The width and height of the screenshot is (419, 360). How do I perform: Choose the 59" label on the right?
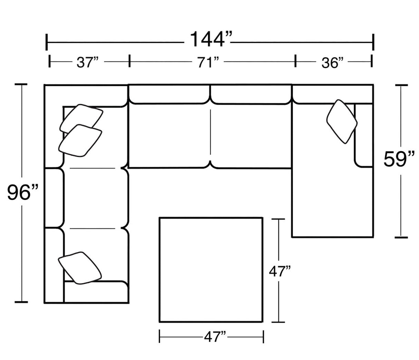coord(400,159)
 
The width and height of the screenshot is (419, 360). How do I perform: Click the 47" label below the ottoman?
coord(214,336)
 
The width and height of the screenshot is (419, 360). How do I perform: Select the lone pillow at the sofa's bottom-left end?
coord(79,268)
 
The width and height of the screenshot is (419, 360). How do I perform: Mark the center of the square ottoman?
coord(211,270)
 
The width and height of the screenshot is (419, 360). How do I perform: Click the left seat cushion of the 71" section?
coord(169,136)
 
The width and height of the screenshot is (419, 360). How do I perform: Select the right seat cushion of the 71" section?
coord(251,136)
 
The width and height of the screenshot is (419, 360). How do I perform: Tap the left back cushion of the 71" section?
coord(169,94)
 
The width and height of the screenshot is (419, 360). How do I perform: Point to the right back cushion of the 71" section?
coord(251,94)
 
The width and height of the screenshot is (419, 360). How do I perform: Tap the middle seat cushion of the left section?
coord(93,198)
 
